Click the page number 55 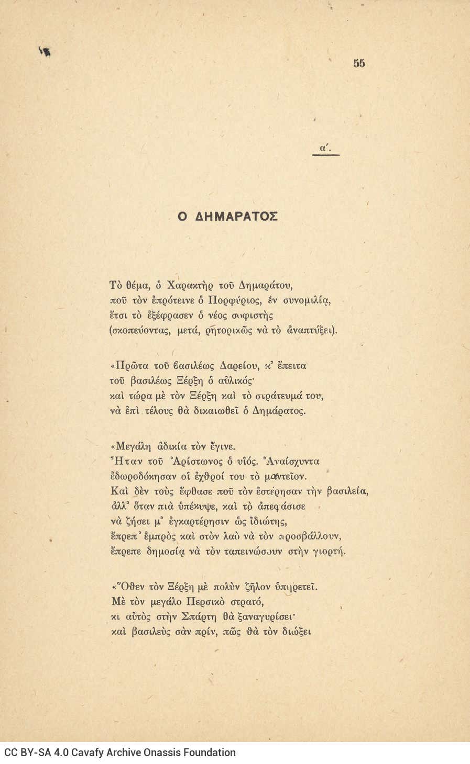coord(359,63)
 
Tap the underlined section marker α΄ coord(325,149)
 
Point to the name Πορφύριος coord(232,301)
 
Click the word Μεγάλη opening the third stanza coord(132,447)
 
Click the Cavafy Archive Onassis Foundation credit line coord(120,753)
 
